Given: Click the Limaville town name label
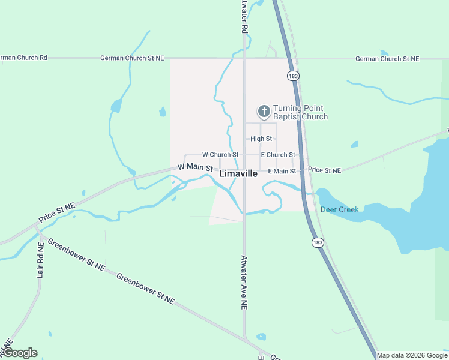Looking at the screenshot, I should [238, 173].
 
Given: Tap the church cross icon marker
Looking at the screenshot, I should [264, 111].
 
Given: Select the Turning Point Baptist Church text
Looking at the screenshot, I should [300, 112].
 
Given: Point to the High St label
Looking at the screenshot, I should [261, 139].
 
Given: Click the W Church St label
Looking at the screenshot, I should [220, 155].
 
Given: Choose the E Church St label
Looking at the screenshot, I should [277, 155].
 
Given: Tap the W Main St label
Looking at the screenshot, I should [195, 167].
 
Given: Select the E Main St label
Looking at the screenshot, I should [282, 171].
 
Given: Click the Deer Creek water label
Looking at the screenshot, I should [339, 209].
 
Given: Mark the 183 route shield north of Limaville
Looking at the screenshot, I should [293, 76].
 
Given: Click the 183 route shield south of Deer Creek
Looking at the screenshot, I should [318, 242].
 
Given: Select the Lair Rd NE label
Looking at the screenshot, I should [41, 260].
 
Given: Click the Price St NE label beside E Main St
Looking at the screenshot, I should [324, 170].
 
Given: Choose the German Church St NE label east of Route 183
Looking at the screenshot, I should [387, 58].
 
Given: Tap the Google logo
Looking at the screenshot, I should [20, 353].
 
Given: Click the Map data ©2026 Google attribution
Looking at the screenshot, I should [412, 355].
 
